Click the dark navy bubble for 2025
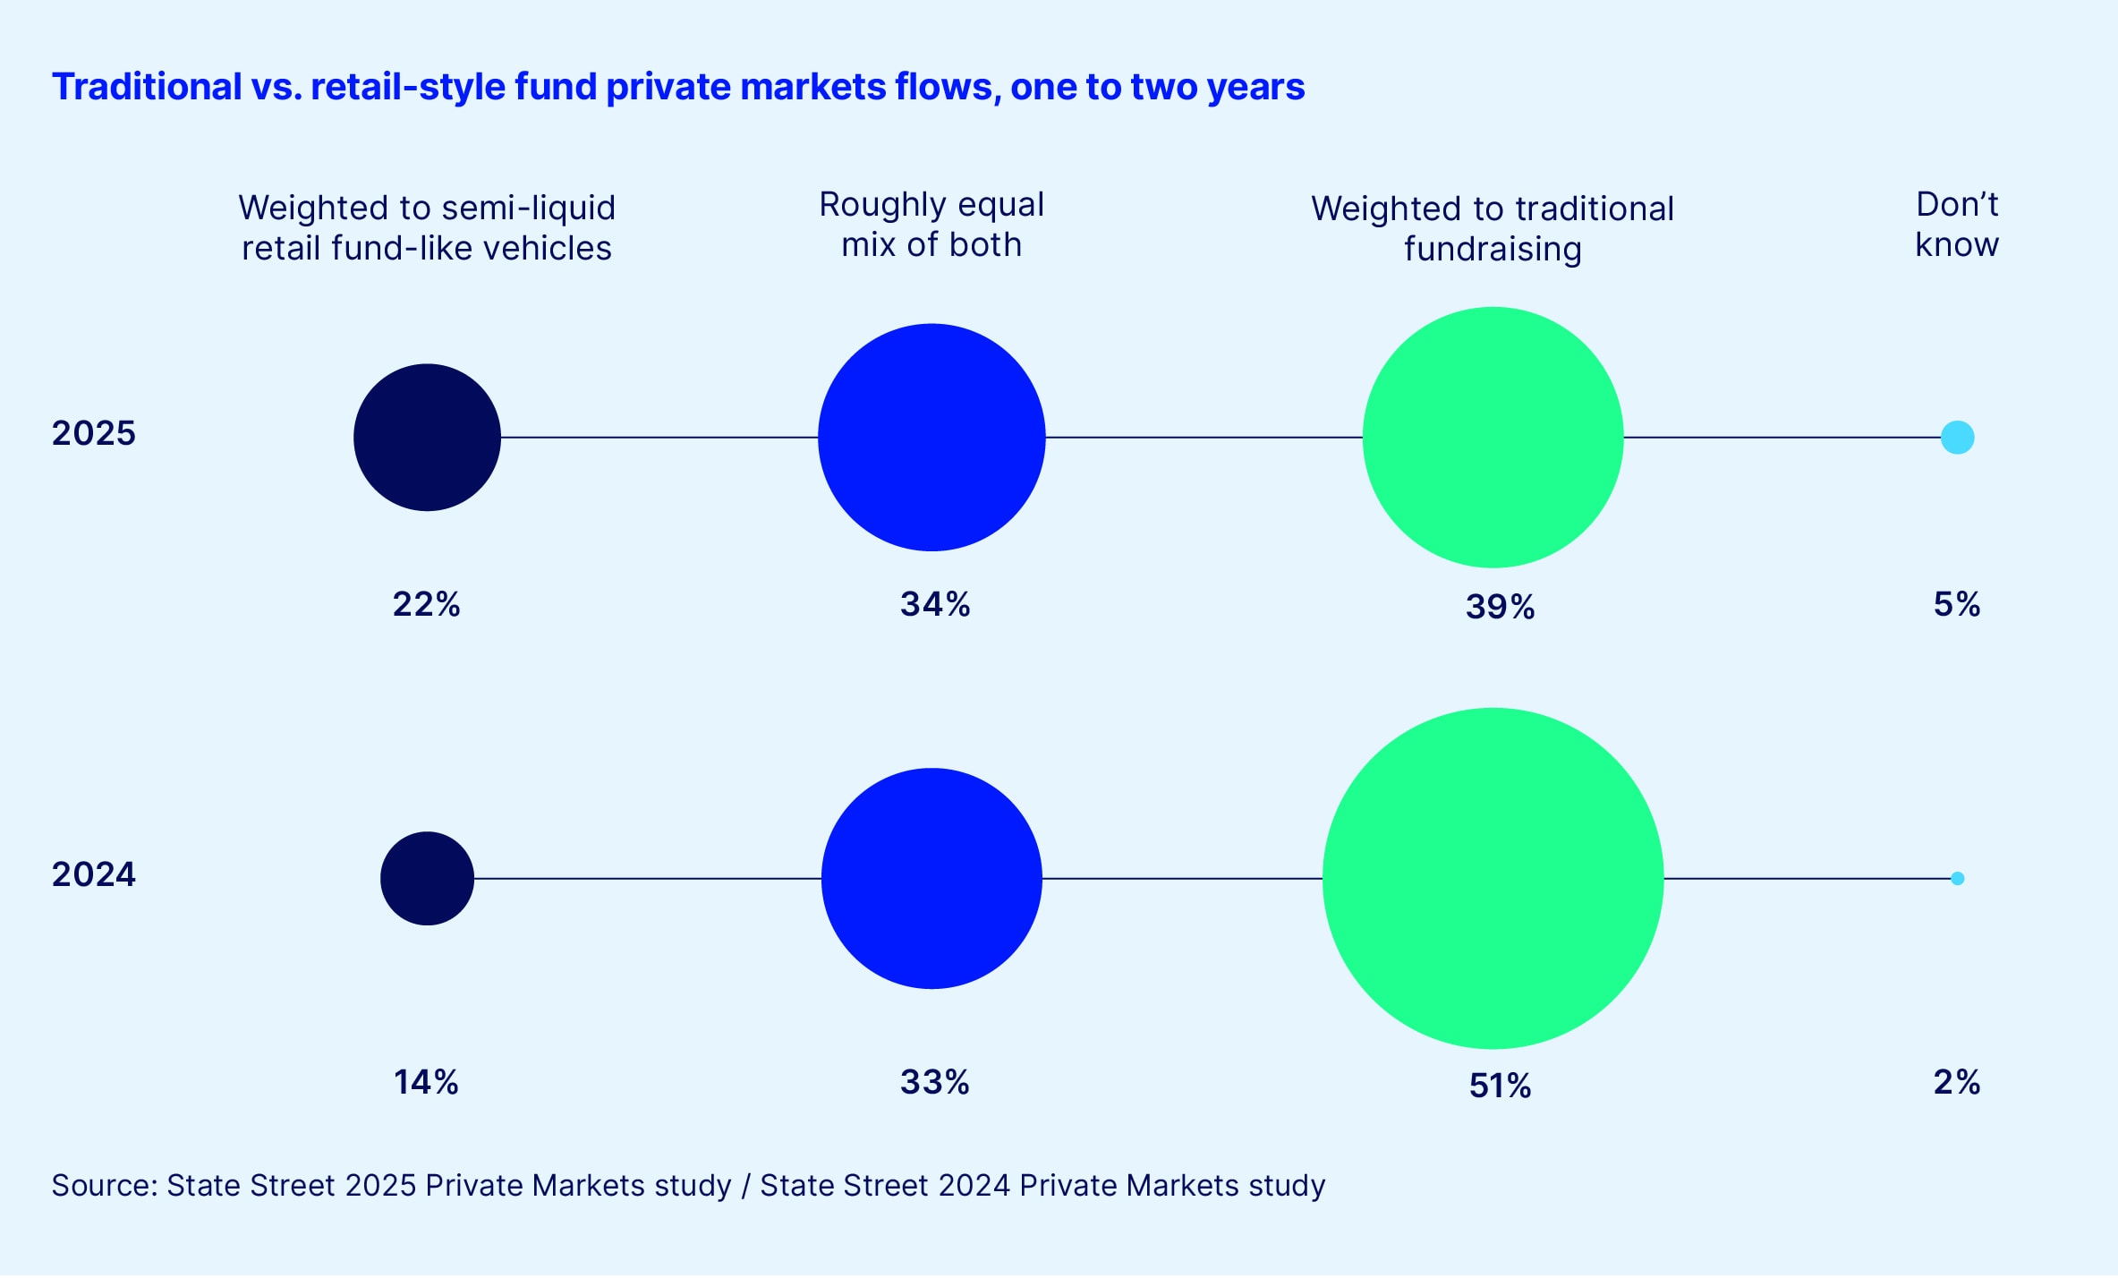427,437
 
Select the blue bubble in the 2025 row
931,437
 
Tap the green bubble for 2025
1493,437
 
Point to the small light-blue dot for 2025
1957,438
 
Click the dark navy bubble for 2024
427,878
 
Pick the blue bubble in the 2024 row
931,878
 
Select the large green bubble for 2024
1493,878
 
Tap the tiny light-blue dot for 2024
1957,878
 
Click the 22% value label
426,604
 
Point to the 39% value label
1500,607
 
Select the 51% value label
1500,1086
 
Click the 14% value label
426,1082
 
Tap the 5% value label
1956,604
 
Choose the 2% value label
1956,1082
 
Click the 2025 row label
93,433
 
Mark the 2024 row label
93,874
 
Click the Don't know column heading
1956,225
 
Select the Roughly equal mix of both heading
931,225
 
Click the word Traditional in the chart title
147,87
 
